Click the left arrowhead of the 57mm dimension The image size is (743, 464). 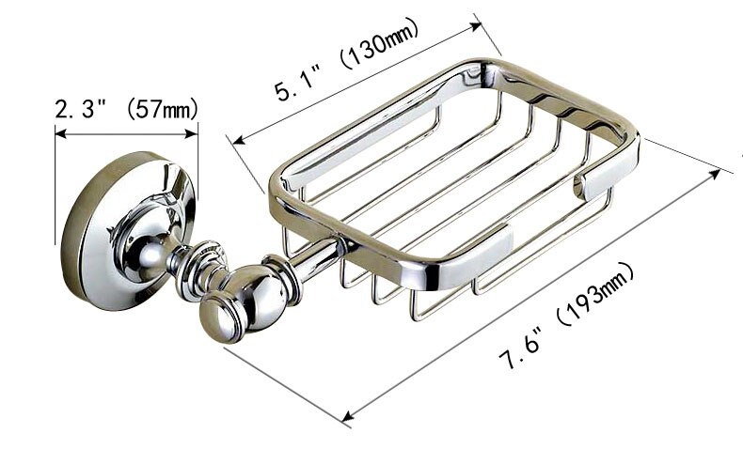point(59,134)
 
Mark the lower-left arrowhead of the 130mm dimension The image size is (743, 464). point(236,141)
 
